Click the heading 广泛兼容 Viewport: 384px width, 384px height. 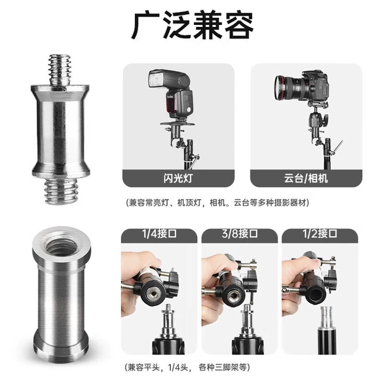click(x=193, y=25)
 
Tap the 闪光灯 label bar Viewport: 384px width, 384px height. click(x=179, y=179)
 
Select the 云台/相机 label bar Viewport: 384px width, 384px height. click(x=306, y=179)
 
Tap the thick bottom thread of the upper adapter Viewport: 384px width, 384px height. click(x=61, y=190)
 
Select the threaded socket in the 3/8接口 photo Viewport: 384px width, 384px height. click(x=234, y=296)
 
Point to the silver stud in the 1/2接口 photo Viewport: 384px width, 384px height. click(x=327, y=317)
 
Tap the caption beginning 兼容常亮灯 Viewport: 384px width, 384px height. click(x=218, y=203)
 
